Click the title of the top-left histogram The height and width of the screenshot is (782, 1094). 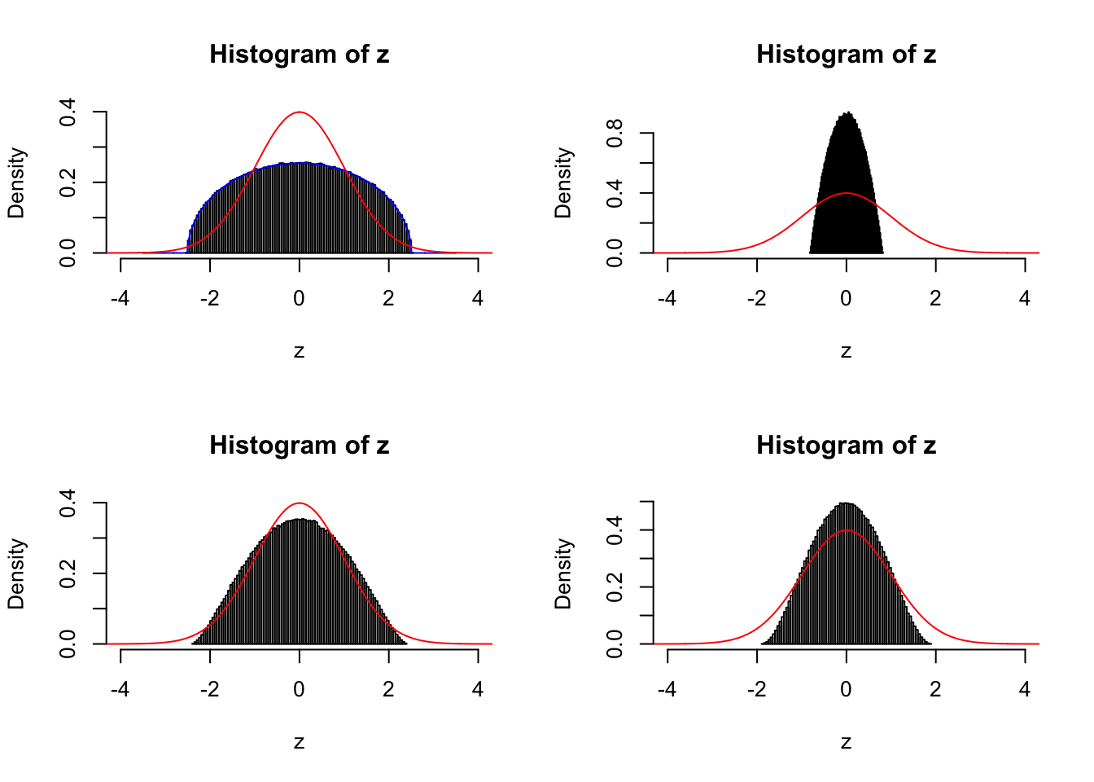[299, 55]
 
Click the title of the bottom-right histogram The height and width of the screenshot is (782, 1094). [846, 446]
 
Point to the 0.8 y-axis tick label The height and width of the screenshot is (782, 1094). [615, 133]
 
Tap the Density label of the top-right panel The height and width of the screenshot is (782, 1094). [562, 182]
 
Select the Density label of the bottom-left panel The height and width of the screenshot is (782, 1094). [15, 573]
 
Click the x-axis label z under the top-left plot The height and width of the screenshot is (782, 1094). [299, 351]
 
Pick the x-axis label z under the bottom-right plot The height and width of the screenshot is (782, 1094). [846, 742]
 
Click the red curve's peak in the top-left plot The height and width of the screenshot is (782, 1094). [300, 112]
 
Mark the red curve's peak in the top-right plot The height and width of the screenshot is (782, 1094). [847, 193]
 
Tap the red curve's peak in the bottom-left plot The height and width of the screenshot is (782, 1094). [300, 503]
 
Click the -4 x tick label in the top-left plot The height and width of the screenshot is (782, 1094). [120, 298]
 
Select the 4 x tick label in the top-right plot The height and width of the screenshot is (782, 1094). [1025, 298]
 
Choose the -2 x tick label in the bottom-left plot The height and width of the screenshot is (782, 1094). [210, 689]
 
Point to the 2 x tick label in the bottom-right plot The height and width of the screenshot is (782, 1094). [935, 689]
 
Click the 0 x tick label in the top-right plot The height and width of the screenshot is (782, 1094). [847, 298]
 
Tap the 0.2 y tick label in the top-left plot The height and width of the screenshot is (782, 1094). [68, 182]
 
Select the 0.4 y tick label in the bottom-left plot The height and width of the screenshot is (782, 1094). [68, 503]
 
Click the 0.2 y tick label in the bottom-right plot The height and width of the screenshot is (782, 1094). [615, 586]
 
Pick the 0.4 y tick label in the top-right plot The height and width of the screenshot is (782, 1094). [615, 193]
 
